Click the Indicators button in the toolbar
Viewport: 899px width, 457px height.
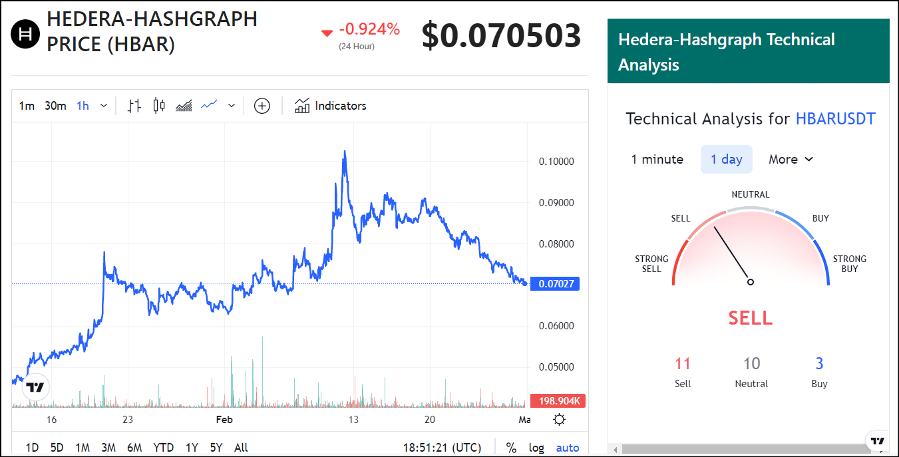pos(331,106)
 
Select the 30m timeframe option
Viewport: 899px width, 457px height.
pos(55,106)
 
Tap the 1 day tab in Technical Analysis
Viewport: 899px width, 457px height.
pos(726,159)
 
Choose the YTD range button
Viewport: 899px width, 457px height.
pos(163,448)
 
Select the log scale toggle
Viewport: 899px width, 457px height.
pos(536,448)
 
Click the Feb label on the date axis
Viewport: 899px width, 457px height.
pos(224,419)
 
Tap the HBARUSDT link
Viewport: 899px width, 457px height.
pos(835,119)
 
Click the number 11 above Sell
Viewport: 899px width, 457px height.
pos(683,364)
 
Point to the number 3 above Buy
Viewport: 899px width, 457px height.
pos(819,364)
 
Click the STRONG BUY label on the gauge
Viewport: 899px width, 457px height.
pos(850,263)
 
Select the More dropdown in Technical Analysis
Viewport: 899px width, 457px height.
pos(791,159)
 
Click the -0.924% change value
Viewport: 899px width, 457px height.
pos(369,29)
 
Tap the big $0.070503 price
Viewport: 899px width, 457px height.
pos(501,36)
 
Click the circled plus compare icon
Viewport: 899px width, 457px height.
pos(262,106)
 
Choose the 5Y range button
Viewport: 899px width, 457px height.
pos(216,448)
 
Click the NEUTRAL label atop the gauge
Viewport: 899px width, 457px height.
pos(750,195)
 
